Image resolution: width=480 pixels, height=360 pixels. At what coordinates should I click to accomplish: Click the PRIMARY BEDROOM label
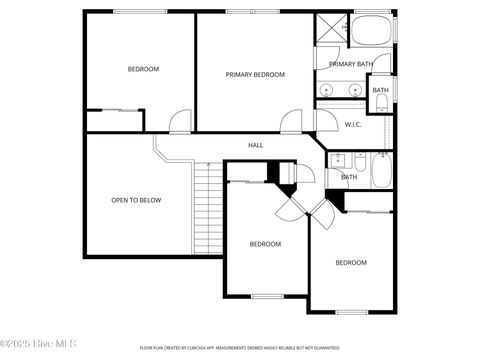[255, 74]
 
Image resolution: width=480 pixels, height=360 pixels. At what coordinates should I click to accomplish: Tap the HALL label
[256, 145]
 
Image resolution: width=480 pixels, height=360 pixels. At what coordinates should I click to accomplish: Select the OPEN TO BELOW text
[136, 200]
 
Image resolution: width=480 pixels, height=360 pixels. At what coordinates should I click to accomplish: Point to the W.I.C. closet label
[353, 125]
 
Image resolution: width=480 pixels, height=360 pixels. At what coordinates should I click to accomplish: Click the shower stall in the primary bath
[329, 29]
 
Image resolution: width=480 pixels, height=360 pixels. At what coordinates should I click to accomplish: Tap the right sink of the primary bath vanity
[355, 91]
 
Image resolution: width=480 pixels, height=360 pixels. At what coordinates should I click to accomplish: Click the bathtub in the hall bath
[381, 171]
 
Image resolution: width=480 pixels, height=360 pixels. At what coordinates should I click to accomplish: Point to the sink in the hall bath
[338, 159]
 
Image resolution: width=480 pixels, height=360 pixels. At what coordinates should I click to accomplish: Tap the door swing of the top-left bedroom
[178, 122]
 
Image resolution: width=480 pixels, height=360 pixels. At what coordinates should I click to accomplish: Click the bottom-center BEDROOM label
[265, 244]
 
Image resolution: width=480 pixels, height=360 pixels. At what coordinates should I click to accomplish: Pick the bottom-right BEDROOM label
[350, 262]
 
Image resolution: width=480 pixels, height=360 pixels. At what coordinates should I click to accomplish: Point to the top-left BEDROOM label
[143, 69]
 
